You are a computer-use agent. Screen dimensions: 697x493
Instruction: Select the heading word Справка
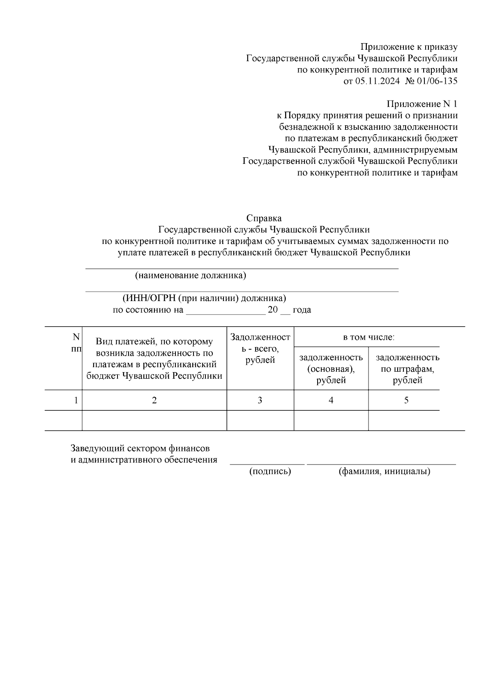[x=264, y=218]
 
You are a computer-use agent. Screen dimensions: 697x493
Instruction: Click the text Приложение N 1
[x=422, y=104]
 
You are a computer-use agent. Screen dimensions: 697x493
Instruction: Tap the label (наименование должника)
[x=191, y=275]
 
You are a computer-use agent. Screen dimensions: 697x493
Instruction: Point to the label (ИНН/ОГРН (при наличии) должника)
[x=204, y=298]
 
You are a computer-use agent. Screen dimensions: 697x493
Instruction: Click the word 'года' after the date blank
[x=302, y=310]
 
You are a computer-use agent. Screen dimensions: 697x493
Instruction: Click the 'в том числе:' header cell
[x=369, y=338]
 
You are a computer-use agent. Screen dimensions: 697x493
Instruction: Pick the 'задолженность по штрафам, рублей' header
[x=407, y=369]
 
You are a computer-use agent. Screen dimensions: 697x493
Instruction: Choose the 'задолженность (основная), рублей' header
[x=331, y=369]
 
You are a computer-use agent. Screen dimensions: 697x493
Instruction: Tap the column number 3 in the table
[x=260, y=400]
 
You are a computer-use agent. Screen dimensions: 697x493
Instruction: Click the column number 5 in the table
[x=406, y=400]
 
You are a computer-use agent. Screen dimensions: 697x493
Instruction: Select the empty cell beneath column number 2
[x=154, y=421]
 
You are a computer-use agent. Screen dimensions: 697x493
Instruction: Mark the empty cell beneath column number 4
[x=331, y=421]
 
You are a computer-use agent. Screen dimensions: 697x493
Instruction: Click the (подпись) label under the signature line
[x=270, y=472]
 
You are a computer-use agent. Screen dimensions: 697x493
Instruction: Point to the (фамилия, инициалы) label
[x=384, y=472]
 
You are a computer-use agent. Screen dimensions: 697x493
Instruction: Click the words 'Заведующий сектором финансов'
[x=140, y=448]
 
